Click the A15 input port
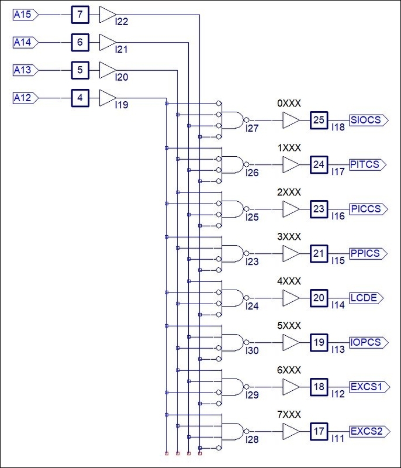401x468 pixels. point(26,14)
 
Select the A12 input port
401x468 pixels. point(26,98)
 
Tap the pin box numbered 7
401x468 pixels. point(80,14)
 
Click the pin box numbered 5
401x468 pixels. point(80,70)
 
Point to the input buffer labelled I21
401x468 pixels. point(108,42)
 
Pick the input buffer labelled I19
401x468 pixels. point(108,98)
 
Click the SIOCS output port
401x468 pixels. point(369,120)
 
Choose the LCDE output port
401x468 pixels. point(367,298)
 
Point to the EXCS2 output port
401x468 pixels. point(369,431)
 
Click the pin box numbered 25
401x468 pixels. point(319,120)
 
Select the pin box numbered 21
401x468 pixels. point(319,253)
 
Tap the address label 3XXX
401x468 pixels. point(289,237)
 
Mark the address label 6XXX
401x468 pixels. point(289,370)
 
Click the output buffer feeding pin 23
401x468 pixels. point(291,209)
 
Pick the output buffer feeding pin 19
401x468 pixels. point(291,342)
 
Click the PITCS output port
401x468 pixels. point(368,164)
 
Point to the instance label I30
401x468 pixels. point(252,350)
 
